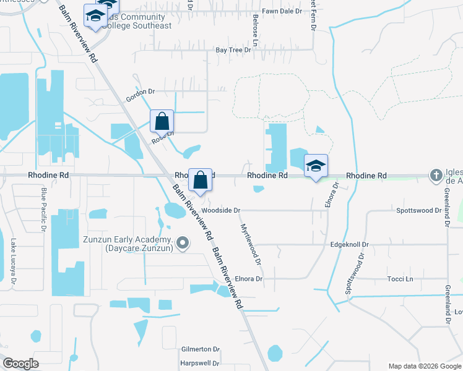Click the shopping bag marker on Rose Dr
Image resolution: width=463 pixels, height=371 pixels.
tap(162, 121)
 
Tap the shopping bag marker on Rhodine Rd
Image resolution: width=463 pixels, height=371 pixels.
tap(200, 180)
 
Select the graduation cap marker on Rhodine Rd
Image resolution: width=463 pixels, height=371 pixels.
tap(316, 166)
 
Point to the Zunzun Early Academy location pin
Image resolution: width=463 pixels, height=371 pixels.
tap(183, 244)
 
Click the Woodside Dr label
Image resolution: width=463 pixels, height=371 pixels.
tap(220, 210)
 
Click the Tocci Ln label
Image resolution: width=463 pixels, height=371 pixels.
tap(400, 279)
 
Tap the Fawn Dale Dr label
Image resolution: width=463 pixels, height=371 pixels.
tap(282, 11)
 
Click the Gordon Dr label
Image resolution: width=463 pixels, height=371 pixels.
tap(139, 92)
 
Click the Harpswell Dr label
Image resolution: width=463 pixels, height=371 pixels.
tap(200, 364)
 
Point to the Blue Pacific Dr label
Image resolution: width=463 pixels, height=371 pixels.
tap(44, 210)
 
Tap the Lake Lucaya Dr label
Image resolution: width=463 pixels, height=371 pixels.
tap(13, 263)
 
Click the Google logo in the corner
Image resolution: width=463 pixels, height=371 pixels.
tap(20, 363)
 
